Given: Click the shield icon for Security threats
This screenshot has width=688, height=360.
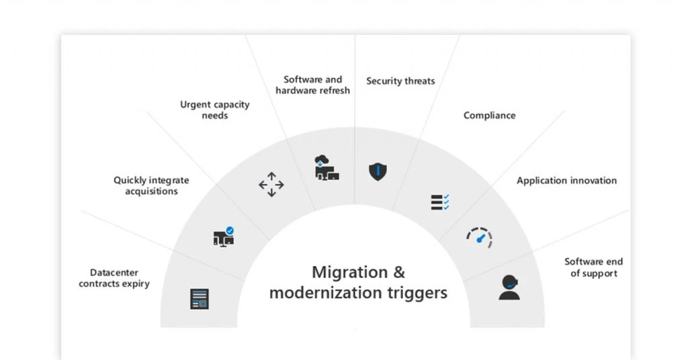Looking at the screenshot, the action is coord(378,171).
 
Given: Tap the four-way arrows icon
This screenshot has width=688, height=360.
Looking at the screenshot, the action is coord(271,185).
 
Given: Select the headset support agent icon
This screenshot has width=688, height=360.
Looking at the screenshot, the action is coord(509,287).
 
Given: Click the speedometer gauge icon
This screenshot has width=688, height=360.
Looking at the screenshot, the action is coord(480,238).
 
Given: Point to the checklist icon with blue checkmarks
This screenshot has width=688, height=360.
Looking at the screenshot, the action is coord(440,202).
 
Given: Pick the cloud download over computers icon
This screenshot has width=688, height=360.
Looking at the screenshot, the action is coord(327,167).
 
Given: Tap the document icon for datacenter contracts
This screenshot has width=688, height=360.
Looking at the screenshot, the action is coord(200,299).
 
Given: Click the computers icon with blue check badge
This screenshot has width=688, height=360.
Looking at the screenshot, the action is coord(224,237).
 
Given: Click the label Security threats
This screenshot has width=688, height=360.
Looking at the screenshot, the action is coord(400,81).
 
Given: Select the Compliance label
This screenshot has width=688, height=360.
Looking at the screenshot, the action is coord(490,116).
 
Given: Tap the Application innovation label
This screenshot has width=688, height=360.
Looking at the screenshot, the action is coord(566,181).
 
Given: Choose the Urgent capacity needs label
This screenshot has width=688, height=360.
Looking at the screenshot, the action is coord(214,110).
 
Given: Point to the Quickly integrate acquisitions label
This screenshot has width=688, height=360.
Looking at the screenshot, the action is coord(151,185).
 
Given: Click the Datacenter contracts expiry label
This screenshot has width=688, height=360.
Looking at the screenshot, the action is coord(114,278).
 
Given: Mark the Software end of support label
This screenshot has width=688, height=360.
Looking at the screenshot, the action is coord(594,267).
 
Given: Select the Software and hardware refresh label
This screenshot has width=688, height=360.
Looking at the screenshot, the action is coord(313,85).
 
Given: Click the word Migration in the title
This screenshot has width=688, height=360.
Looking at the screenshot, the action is coord(350,272).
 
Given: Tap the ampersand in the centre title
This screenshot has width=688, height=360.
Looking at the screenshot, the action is coord(399,272).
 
